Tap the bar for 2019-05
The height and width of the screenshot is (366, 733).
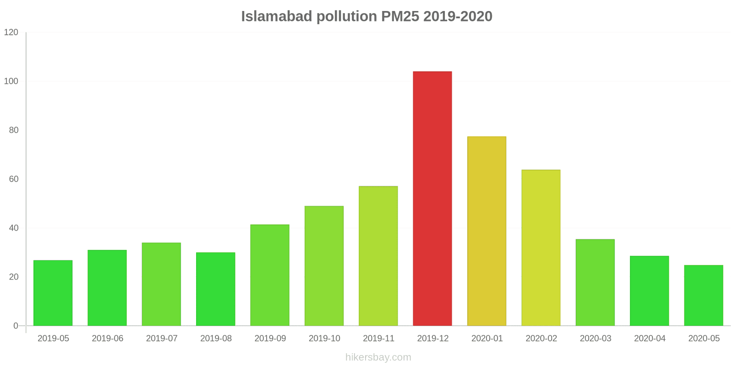[53, 293]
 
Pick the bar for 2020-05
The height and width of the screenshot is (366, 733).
[703, 296]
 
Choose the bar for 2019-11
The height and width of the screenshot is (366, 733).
[378, 256]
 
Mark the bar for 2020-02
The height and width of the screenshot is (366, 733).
[541, 248]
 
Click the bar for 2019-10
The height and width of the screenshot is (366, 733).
[324, 266]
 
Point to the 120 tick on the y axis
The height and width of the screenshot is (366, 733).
[11, 32]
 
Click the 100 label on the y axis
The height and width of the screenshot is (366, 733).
[11, 81]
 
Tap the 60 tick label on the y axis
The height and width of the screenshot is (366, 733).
[13, 179]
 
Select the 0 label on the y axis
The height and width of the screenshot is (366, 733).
[16, 326]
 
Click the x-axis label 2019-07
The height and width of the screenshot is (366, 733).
[161, 339]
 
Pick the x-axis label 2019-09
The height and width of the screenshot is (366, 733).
[270, 339]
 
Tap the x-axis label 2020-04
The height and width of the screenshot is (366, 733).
[649, 339]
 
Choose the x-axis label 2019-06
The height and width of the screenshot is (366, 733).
[107, 339]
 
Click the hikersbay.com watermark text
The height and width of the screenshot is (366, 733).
[378, 357]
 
